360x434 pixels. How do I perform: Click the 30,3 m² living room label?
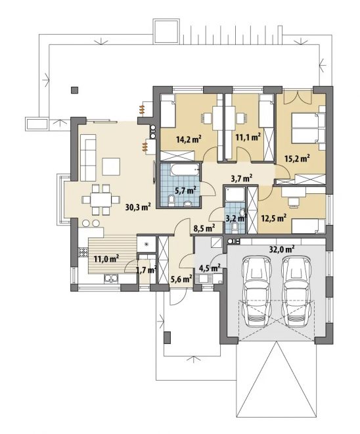tap(138, 206)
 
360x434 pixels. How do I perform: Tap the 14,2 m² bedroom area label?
tap(189, 139)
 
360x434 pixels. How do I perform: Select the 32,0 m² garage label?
tap(281, 249)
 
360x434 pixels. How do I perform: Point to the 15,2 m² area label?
tap(297, 158)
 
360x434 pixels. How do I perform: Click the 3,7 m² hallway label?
tap(241, 178)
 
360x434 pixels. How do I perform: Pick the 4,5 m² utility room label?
tap(210, 268)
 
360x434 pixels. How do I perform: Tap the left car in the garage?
tap(256, 291)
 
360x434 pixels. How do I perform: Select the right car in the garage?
tap(296, 291)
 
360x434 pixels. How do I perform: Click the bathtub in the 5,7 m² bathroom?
tap(185, 170)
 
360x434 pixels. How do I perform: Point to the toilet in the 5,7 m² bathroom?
tap(171, 201)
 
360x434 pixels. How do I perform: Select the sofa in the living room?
tap(88, 158)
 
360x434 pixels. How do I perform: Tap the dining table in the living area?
tap(101, 200)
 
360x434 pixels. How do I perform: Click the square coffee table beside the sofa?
tap(111, 166)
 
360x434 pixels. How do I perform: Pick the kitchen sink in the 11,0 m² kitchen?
tap(111, 278)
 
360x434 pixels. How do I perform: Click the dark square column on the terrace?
tap(74, 90)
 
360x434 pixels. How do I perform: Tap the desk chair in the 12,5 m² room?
tap(294, 202)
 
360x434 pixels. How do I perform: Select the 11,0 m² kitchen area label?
tap(106, 259)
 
